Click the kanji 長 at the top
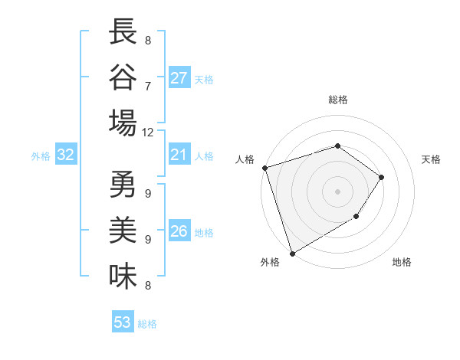123,34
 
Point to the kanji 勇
123,186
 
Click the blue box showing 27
179,78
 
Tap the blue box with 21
179,155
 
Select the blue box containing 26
179,232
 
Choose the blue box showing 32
66,155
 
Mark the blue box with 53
123,322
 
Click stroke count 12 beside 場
148,132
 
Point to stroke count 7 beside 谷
148,86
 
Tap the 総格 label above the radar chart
337,100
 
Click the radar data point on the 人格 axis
264,167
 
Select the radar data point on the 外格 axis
292,253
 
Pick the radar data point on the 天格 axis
382,177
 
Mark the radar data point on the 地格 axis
356,218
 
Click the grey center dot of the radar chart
337,191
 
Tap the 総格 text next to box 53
147,324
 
